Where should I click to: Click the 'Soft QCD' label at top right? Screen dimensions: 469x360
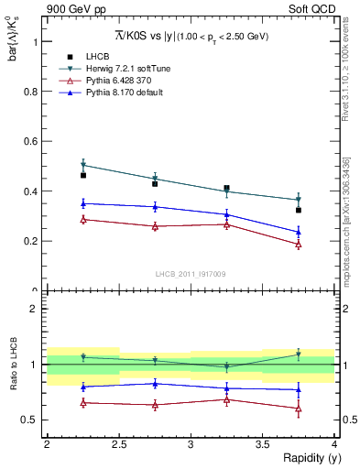tap(312, 10)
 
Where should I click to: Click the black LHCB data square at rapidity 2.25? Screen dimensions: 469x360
tap(83, 175)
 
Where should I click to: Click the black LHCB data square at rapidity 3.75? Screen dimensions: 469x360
tap(299, 210)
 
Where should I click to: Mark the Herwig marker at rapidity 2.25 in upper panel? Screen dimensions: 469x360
tap(83, 165)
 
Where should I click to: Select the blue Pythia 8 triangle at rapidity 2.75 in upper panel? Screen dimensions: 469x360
tap(155, 207)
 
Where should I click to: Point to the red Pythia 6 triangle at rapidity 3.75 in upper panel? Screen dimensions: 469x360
tap(299, 245)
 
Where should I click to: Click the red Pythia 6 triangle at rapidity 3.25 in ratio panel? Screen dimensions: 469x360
tap(227, 399)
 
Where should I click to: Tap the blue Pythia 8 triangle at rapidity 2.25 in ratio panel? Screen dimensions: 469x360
tap(83, 387)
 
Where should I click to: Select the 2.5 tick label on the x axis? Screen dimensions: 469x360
tap(118, 444)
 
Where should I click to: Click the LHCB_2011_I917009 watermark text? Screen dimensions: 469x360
tap(191, 274)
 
